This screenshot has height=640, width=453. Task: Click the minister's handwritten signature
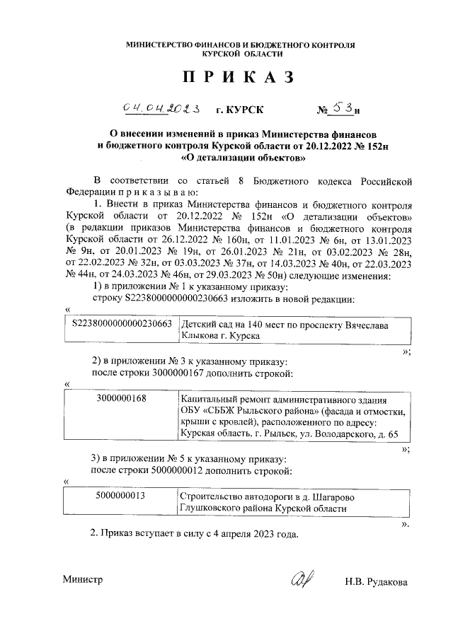click(x=300, y=580)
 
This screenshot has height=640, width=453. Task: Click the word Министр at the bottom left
click(x=83, y=579)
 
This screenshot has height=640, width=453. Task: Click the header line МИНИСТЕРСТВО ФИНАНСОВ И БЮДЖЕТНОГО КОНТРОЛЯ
click(x=240, y=45)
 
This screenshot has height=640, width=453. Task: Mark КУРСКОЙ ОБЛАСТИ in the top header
click(x=240, y=54)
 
